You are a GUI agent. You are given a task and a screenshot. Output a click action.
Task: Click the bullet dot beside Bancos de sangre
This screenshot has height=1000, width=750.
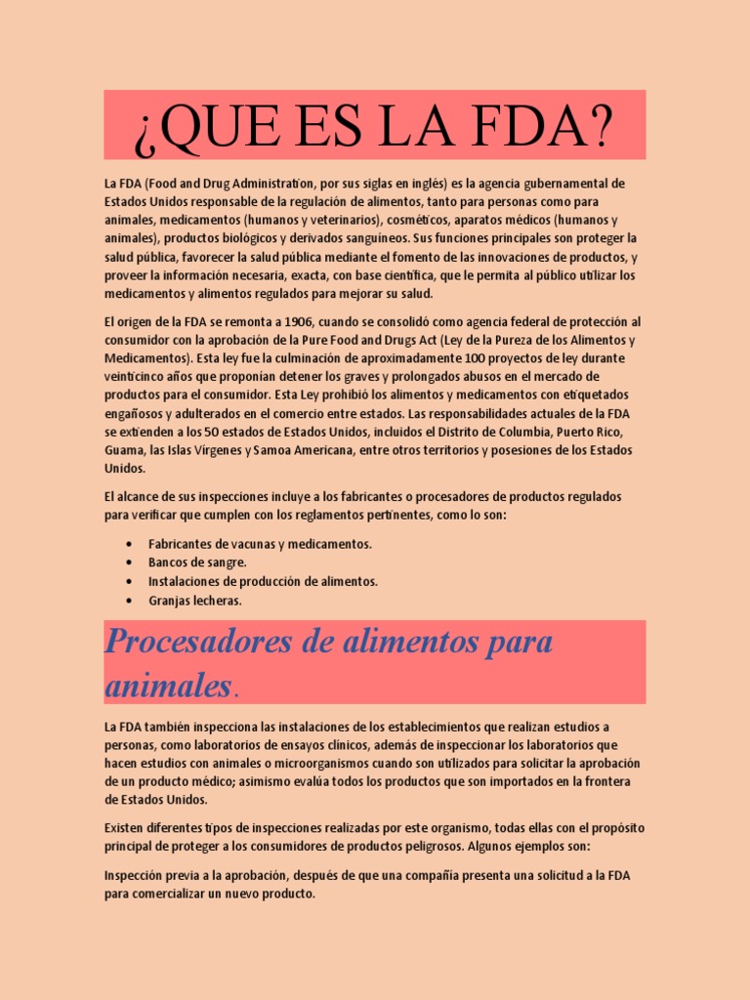130,563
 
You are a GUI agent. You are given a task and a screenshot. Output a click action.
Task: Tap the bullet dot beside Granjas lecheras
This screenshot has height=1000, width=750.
130,601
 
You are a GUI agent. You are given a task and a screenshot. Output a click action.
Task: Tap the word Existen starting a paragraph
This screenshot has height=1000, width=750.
125,828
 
